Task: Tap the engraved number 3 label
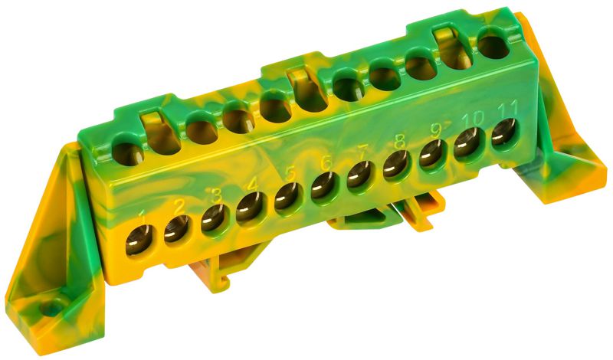point(217,197)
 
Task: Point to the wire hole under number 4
point(249,207)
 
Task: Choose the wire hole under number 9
point(431,152)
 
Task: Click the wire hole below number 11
point(503,133)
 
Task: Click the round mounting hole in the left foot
point(51,310)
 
